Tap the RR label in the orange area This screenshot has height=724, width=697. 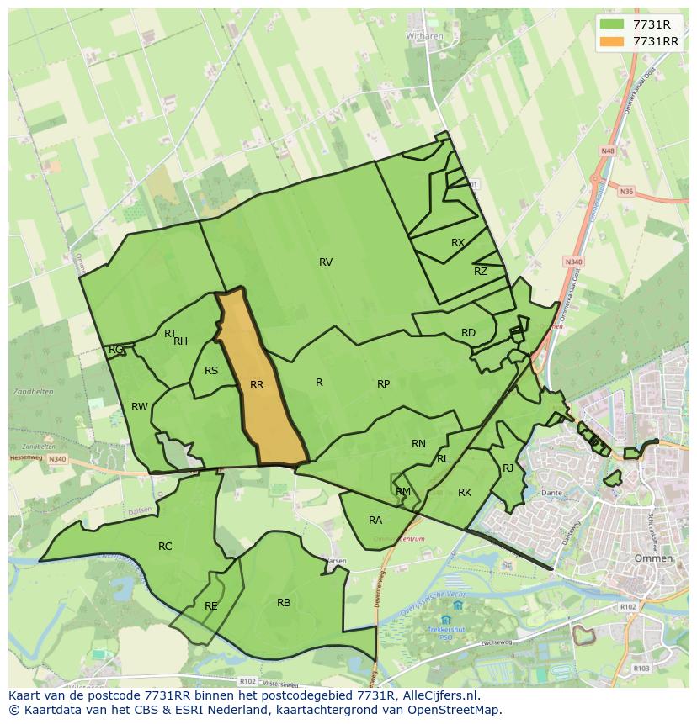pos(257,385)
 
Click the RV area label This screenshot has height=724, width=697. pos(326,262)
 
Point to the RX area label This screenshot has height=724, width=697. pos(458,243)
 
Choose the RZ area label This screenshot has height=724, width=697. pos(481,272)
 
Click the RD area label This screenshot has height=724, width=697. pos(468,333)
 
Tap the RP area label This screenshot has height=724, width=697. pos(383,384)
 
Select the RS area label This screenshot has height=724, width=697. pos(211,371)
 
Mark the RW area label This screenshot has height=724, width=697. pos(140,407)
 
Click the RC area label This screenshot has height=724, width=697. pos(165,547)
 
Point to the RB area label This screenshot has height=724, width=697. pos(284,603)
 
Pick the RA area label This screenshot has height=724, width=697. pos(375,521)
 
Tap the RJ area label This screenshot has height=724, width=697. pos(508,468)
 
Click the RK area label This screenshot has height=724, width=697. pos(465,493)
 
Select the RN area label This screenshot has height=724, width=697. pos(418,444)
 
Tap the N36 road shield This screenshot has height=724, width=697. pos(625,192)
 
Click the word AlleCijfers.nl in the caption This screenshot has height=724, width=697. pos(439,695)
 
